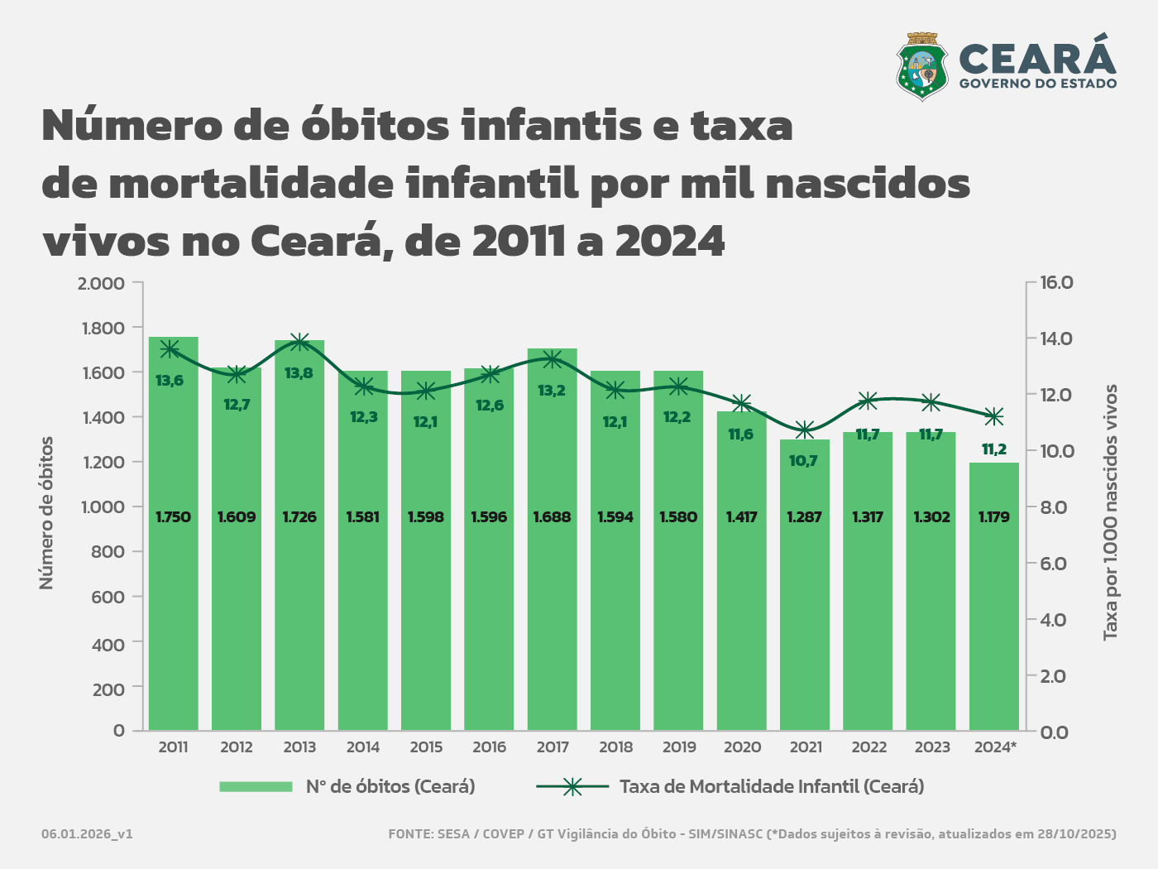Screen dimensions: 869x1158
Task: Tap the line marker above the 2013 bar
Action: (x=299, y=342)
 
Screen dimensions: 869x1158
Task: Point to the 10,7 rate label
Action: (x=803, y=461)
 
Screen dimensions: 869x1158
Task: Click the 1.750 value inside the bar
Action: (x=174, y=517)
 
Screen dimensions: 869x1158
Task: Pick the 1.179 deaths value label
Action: (x=993, y=517)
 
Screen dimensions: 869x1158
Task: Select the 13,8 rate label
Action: (x=299, y=373)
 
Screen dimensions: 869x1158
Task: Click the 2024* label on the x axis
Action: (x=995, y=747)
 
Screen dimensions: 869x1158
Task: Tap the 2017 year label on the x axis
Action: (x=553, y=747)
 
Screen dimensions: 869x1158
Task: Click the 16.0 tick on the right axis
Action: (x=1056, y=283)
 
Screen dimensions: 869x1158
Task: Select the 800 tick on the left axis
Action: (x=108, y=552)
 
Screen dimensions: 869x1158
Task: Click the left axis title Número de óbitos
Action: (x=46, y=513)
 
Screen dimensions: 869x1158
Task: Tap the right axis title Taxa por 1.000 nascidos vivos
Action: (x=1111, y=511)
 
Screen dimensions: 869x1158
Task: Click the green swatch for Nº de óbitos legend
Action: (x=256, y=787)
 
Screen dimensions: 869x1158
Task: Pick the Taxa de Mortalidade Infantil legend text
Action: (x=772, y=787)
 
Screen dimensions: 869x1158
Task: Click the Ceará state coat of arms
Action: (x=922, y=66)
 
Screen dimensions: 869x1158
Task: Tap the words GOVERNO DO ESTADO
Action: (x=1038, y=84)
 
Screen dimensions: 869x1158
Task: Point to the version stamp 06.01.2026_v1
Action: (x=87, y=834)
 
